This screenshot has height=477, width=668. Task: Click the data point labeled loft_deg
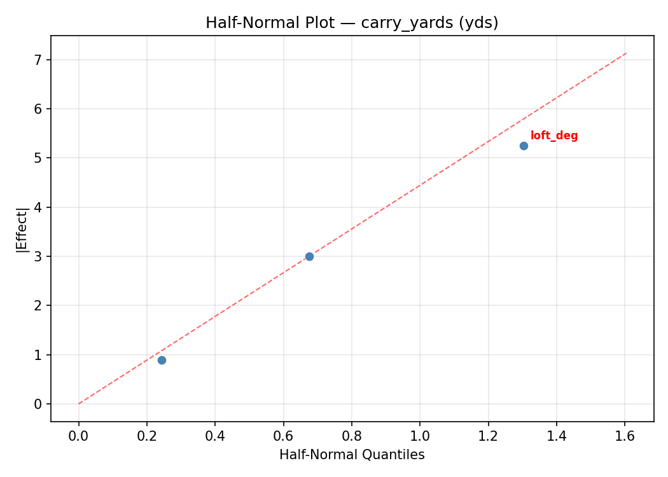[524, 146]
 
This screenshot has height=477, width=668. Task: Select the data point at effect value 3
[309, 256]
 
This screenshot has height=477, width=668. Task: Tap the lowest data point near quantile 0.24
[162, 360]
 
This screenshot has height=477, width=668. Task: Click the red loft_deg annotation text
[554, 136]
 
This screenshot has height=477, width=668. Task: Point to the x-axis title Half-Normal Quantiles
[352, 455]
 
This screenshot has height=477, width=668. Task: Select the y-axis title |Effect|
[22, 229]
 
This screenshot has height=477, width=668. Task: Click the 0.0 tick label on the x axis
[79, 437]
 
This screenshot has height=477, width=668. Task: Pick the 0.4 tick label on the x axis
[215, 437]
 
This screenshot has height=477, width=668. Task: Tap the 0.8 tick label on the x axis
[352, 437]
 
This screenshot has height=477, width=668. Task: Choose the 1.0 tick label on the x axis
[420, 437]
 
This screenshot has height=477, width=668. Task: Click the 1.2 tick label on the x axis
[488, 437]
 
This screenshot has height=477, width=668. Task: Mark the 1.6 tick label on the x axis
[625, 437]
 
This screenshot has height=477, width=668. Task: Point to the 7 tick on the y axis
[39, 60]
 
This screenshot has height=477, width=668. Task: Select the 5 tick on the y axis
[39, 158]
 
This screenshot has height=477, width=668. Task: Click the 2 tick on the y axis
[39, 306]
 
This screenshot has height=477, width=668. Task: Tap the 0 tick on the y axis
[39, 404]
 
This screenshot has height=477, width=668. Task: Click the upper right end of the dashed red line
[626, 53]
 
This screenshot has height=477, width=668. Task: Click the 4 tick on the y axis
[39, 207]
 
